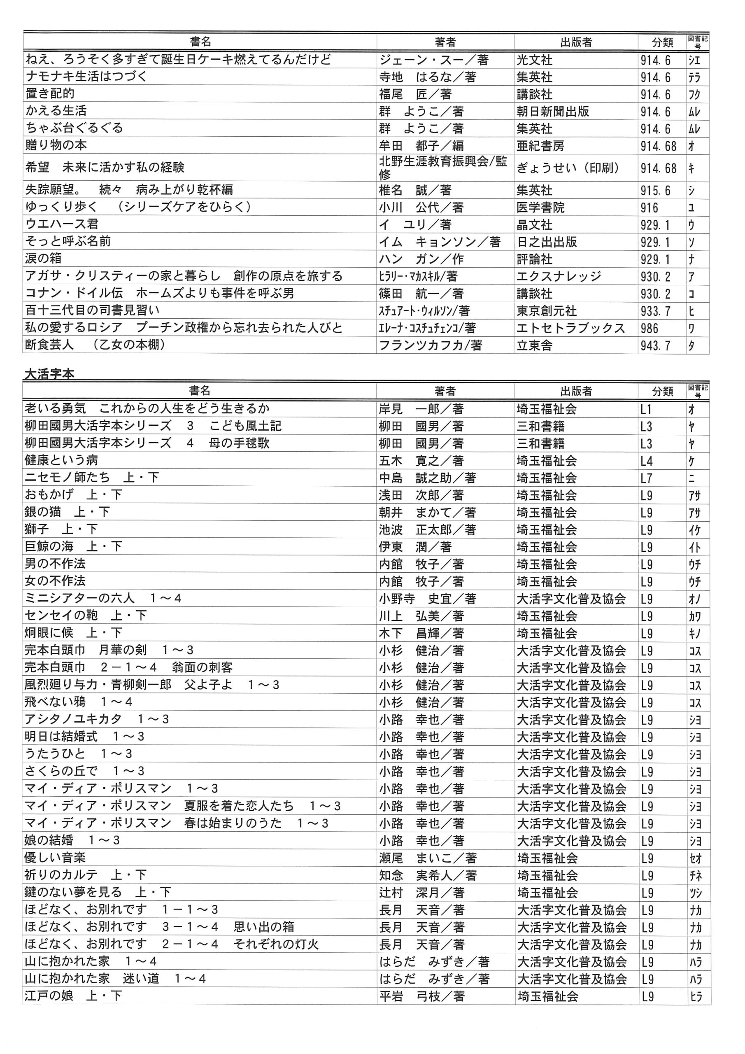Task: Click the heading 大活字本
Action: point(49,374)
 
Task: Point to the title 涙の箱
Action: point(43,259)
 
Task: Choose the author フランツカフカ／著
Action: point(430,345)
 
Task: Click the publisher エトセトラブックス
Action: point(570,328)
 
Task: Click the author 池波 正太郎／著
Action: point(427,530)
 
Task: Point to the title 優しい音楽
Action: point(55,858)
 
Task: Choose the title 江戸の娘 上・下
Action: point(73,996)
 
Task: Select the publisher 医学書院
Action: point(540,208)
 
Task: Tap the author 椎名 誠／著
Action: point(415,190)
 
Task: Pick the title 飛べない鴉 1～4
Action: point(79,702)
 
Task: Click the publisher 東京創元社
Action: point(546,311)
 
